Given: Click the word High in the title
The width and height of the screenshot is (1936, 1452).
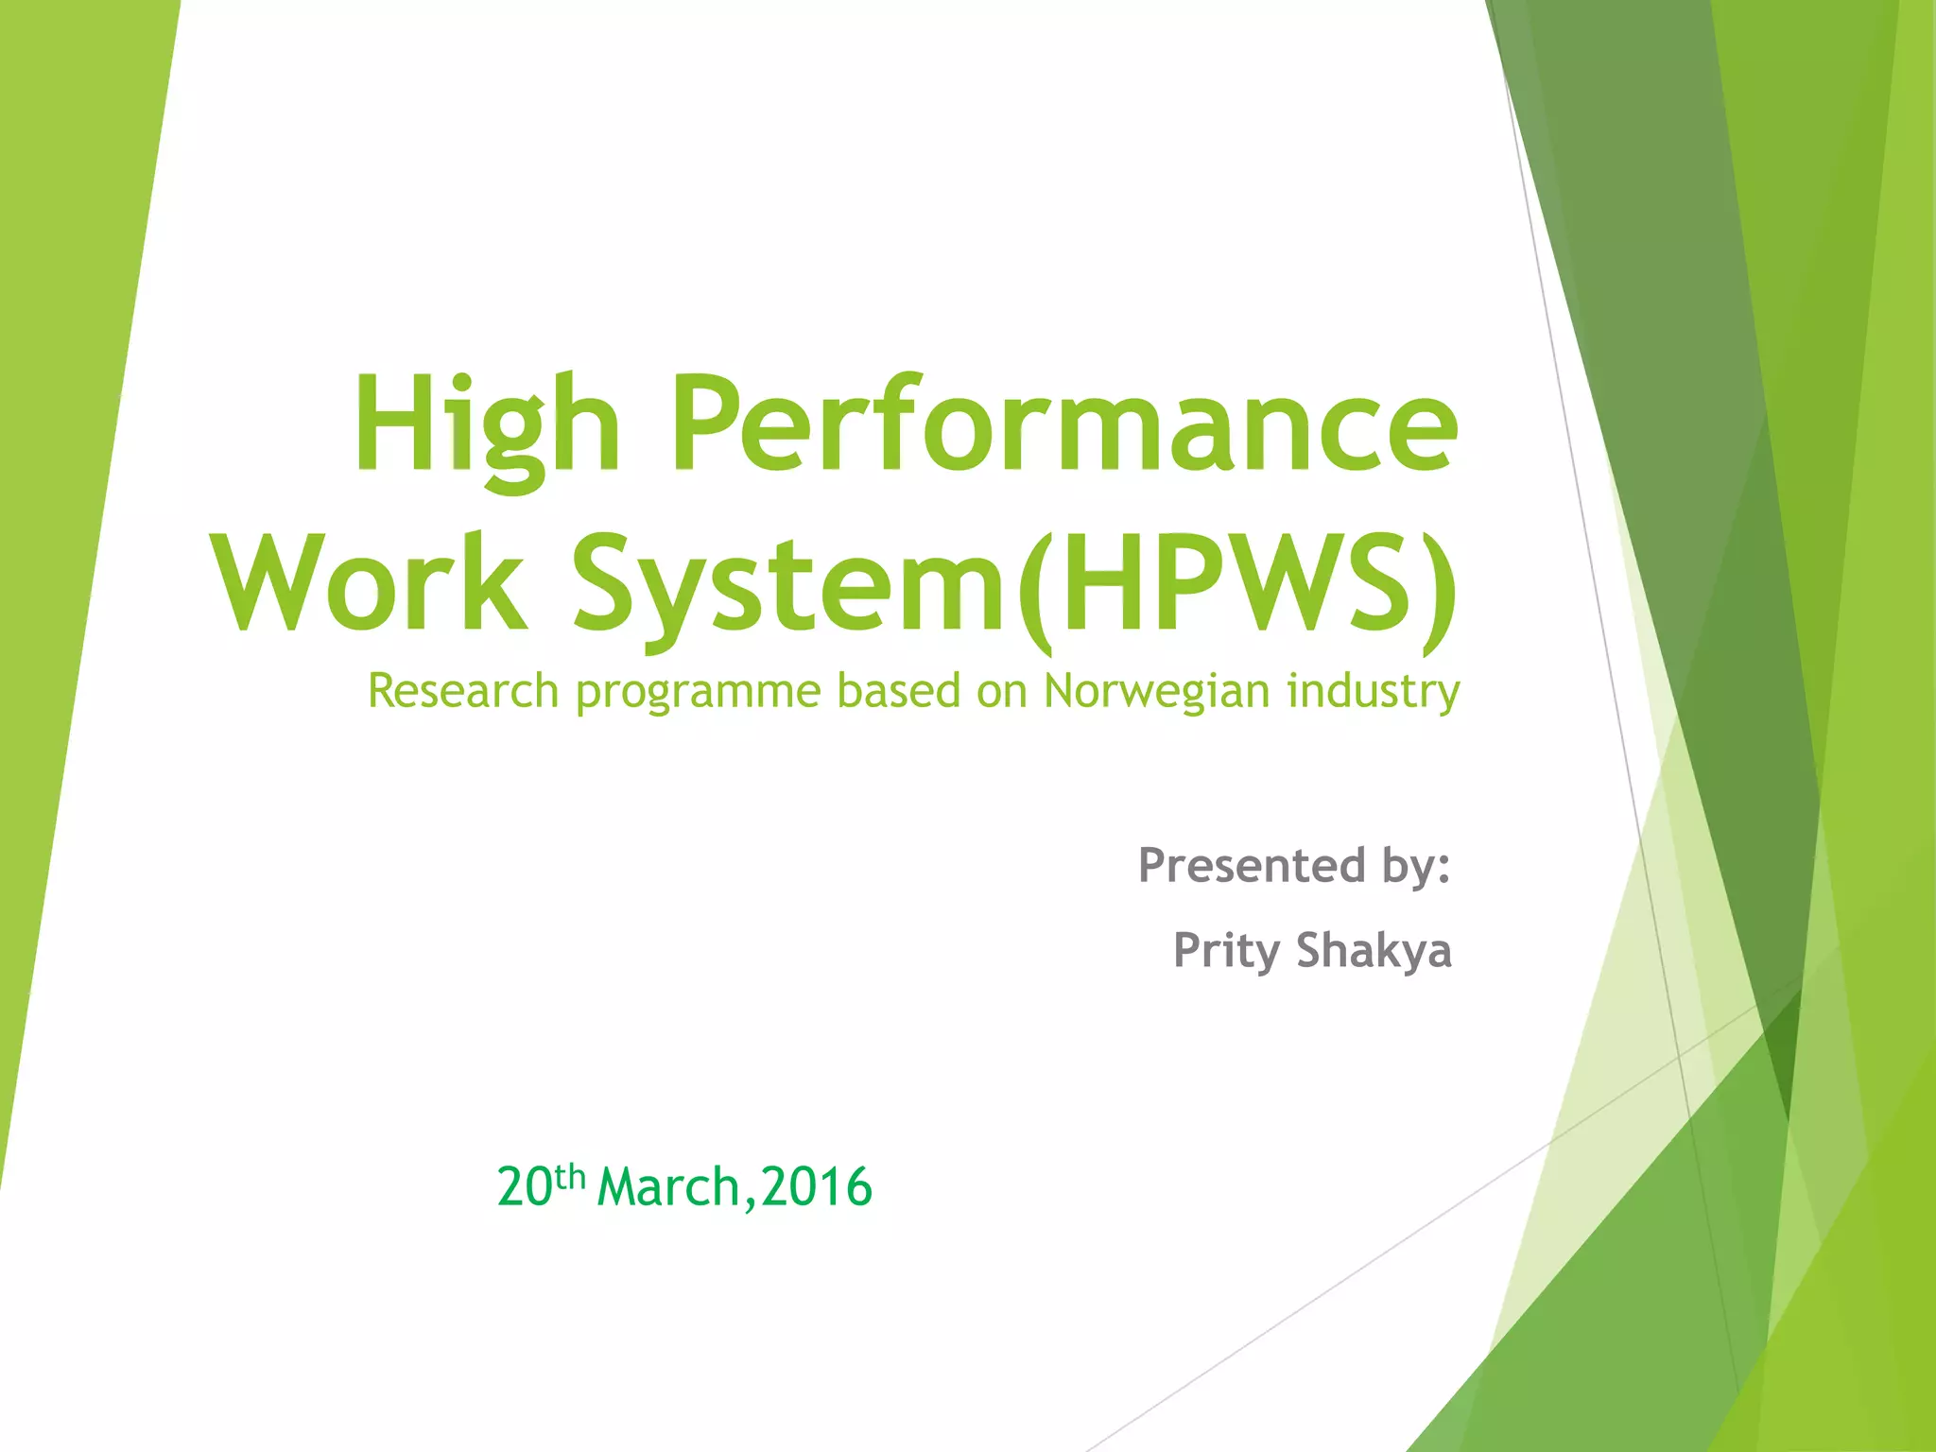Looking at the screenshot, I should point(486,425).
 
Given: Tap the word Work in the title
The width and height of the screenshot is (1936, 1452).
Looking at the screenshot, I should point(370,583).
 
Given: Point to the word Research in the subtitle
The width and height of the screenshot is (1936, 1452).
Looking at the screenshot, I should point(463,690).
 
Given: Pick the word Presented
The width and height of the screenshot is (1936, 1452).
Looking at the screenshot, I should point(1252,865).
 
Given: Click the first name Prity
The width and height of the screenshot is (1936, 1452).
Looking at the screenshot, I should point(1226,951).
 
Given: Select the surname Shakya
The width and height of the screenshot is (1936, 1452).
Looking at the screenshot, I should point(1374,950).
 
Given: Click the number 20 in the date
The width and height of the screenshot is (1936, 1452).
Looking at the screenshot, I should point(525,1187).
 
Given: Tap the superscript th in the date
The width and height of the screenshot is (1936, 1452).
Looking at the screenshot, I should point(570,1177).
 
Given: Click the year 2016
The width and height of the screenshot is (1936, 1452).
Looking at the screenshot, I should point(817,1187).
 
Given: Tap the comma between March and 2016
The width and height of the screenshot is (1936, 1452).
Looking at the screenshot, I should point(750,1202).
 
